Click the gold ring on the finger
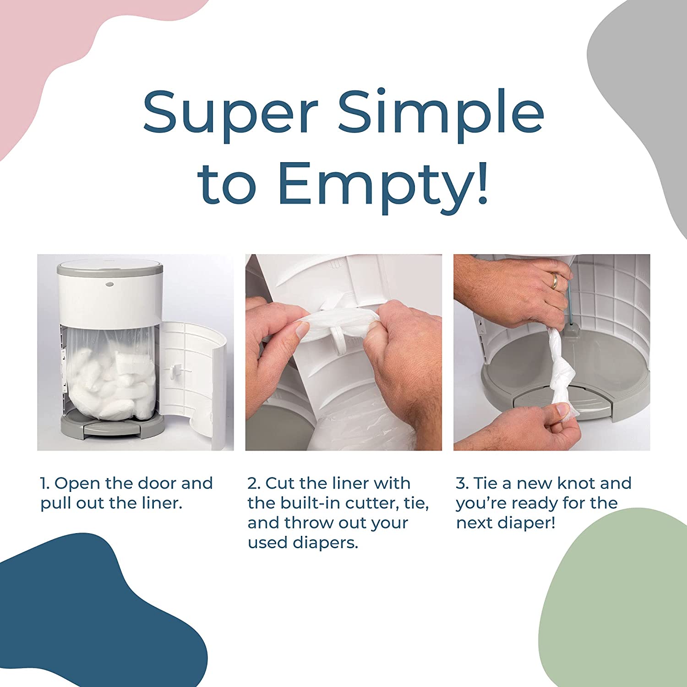tap(555, 281)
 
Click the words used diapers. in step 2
tap(302, 543)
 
